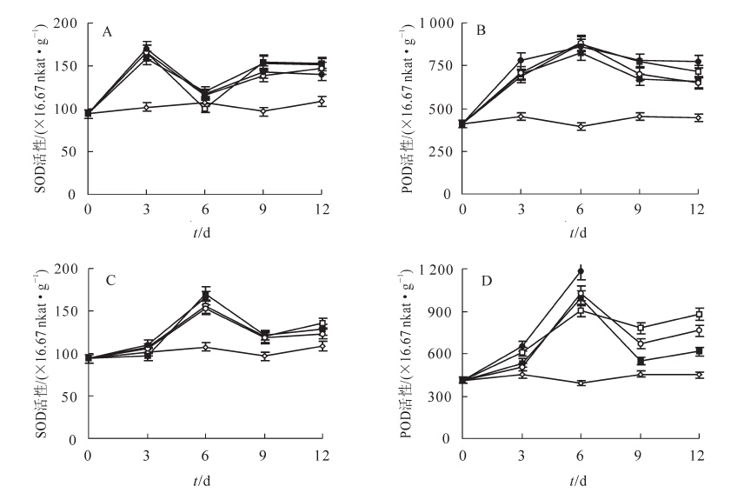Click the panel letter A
click(x=108, y=32)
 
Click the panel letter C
click(x=108, y=281)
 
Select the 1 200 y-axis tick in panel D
click(x=431, y=270)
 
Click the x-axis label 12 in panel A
click(x=322, y=209)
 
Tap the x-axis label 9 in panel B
click(x=638, y=209)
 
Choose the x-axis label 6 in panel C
click(x=205, y=455)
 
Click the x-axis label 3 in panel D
click(x=521, y=455)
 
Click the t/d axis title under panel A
click(x=205, y=231)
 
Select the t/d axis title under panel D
click(x=579, y=477)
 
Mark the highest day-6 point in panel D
click(x=580, y=271)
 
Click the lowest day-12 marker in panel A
click(x=322, y=102)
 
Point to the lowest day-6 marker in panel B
click(x=580, y=126)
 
